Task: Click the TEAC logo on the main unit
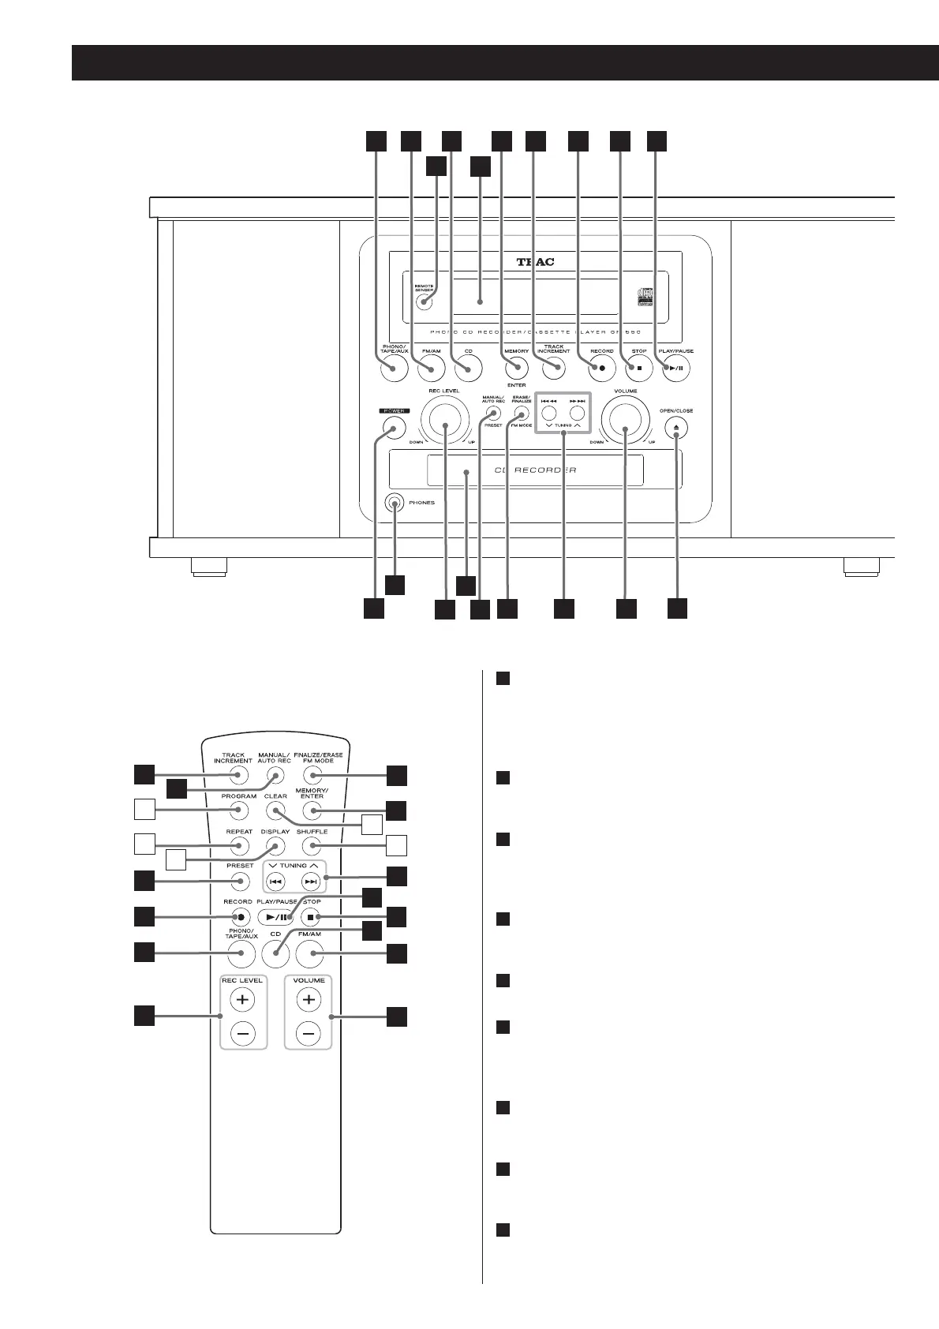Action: [535, 261]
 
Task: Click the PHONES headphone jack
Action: [394, 502]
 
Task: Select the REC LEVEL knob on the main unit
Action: [444, 425]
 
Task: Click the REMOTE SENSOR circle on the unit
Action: [427, 301]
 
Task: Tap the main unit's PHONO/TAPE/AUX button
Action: [392, 369]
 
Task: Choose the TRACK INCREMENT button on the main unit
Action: [554, 369]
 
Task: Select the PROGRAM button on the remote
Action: [239, 811]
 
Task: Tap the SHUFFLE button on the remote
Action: [312, 846]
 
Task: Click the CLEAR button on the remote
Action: [275, 811]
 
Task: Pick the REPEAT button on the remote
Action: [239, 846]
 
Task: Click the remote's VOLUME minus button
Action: [309, 1033]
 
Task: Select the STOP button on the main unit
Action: [639, 369]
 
